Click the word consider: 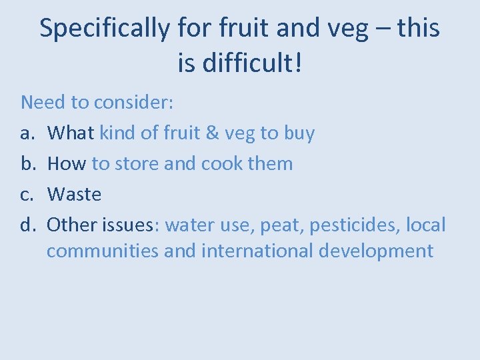[x=133, y=102]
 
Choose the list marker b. [x=27, y=163]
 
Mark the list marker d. [x=27, y=225]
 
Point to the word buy [x=299, y=133]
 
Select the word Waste [x=75, y=194]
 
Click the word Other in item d [x=71, y=225]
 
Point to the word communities [x=103, y=251]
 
